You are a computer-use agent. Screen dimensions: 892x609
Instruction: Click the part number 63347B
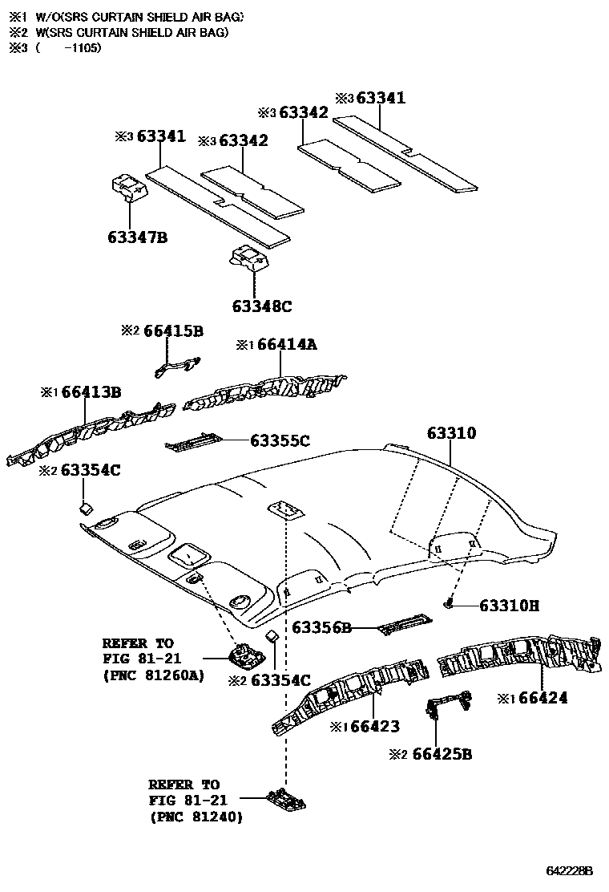tap(137, 237)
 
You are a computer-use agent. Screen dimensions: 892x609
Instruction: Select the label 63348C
tap(262, 306)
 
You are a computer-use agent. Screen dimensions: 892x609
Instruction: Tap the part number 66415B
tap(174, 330)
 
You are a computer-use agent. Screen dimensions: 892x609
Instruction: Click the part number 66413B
tap(91, 392)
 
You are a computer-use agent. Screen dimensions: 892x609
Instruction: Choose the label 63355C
tap(280, 440)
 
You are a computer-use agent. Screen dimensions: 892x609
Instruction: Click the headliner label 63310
tap(451, 433)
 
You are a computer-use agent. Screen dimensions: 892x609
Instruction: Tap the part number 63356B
tap(321, 627)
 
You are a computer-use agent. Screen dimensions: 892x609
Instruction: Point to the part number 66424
tap(542, 698)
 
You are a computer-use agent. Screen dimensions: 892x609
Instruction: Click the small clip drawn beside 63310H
tap(451, 603)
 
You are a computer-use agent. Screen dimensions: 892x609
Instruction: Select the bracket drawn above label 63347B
tap(127, 188)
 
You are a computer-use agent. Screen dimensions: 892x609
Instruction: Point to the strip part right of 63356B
tap(404, 623)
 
